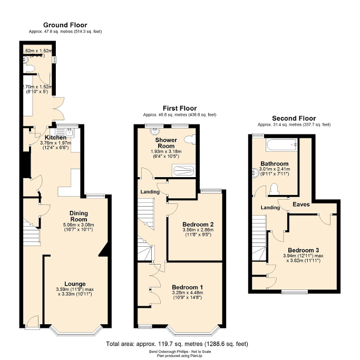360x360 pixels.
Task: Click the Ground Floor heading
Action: tap(65, 25)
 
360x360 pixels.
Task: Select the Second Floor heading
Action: tap(294, 118)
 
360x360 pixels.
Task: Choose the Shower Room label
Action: tap(166, 143)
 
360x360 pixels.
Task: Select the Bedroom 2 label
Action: tap(194, 224)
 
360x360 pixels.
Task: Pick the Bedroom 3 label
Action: tap(303, 250)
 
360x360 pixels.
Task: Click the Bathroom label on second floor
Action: tap(274, 164)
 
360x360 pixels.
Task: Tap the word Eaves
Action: tap(301, 204)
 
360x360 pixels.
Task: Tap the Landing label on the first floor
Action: tap(150, 192)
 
